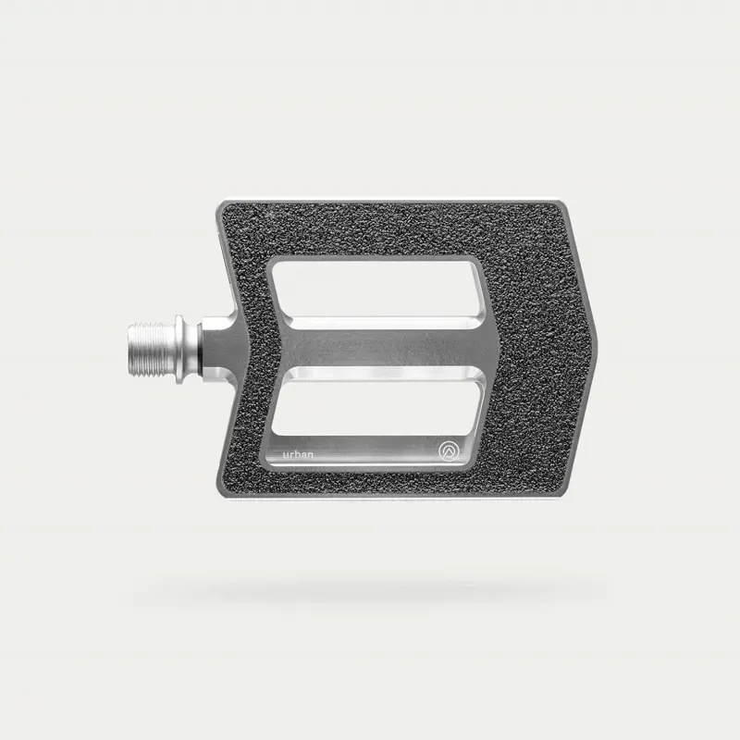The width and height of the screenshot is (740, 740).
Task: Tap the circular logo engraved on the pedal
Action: pyautogui.click(x=449, y=451)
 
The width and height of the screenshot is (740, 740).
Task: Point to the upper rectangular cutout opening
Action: pyautogui.click(x=375, y=289)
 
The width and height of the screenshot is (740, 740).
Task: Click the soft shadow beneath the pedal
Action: pyautogui.click(x=370, y=588)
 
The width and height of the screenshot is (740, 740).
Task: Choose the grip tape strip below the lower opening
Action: pyautogui.click(x=388, y=481)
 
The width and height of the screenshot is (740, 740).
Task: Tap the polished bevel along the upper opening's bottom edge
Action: pyautogui.click(x=379, y=323)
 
